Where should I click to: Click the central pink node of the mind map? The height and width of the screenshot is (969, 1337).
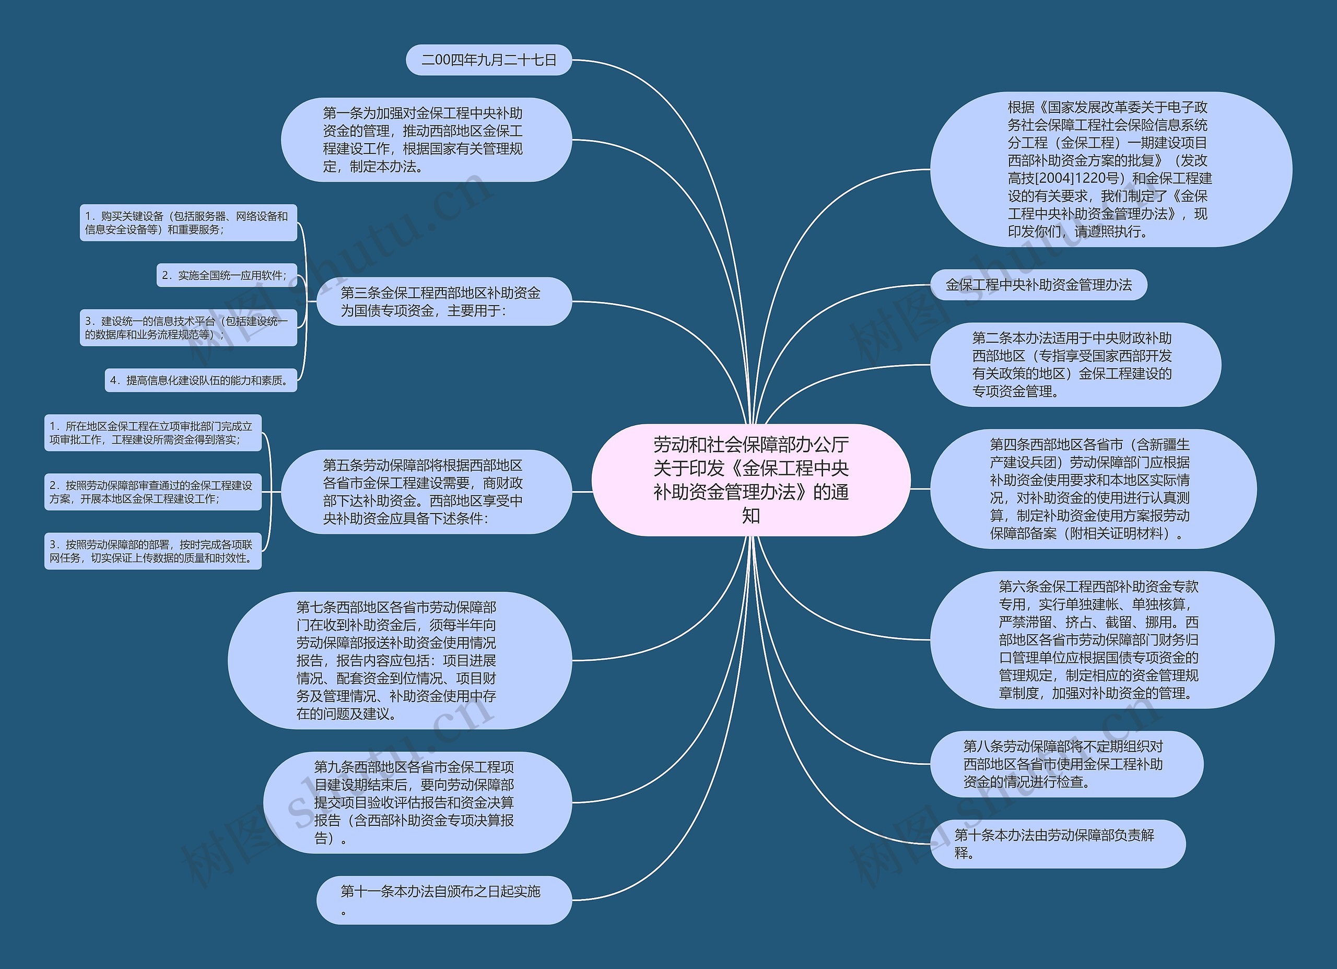[x=750, y=480]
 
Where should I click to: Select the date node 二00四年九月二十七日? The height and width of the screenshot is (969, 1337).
[x=489, y=60]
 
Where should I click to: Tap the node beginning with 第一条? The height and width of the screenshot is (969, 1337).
[x=426, y=140]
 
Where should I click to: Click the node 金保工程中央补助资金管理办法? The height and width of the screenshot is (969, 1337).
[x=1038, y=285]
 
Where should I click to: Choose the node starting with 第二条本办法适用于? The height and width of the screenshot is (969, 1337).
[x=1075, y=365]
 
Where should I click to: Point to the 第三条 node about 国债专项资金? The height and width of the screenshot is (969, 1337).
[x=444, y=301]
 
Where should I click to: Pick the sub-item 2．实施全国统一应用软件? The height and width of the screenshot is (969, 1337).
[x=226, y=275]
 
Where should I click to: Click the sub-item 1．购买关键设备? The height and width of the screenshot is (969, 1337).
[x=188, y=223]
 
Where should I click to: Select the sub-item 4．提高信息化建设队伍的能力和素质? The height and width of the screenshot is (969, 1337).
[x=201, y=380]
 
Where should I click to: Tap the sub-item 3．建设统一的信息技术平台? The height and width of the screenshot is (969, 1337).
[x=188, y=328]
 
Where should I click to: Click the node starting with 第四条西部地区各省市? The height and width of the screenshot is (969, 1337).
[x=1093, y=488]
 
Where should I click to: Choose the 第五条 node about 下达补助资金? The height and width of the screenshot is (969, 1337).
[x=426, y=492]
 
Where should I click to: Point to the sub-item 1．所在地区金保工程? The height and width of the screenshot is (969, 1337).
[x=153, y=433]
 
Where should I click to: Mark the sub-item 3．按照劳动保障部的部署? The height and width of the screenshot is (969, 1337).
[x=153, y=551]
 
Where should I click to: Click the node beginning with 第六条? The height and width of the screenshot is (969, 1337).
[x=1101, y=639]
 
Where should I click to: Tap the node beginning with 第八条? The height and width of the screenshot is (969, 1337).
[x=1066, y=764]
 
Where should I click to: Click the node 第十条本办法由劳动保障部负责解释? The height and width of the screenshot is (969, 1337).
[x=1057, y=844]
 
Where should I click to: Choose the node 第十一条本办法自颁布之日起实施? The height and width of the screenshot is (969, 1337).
[x=444, y=900]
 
